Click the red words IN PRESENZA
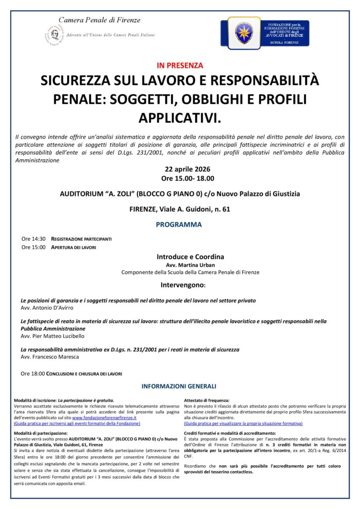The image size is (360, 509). pyautogui.click(x=180, y=65)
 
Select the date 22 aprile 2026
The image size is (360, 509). pyautogui.click(x=180, y=169)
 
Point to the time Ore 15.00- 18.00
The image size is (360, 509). pyautogui.click(x=180, y=178)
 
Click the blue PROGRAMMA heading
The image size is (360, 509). pyautogui.click(x=179, y=225)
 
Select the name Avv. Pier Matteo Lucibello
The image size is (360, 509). pyautogui.click(x=52, y=336)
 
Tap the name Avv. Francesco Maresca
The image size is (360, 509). pyautogui.click(x=50, y=357)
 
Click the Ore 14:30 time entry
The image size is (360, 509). pyautogui.click(x=33, y=239)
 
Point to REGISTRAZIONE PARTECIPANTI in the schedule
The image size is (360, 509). pyautogui.click(x=82, y=239)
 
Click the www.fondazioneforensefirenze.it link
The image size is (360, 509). pyautogui.click(x=106, y=418)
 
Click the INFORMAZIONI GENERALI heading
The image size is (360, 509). pyautogui.click(x=179, y=386)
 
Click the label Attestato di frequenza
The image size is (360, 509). pyautogui.click(x=207, y=400)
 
